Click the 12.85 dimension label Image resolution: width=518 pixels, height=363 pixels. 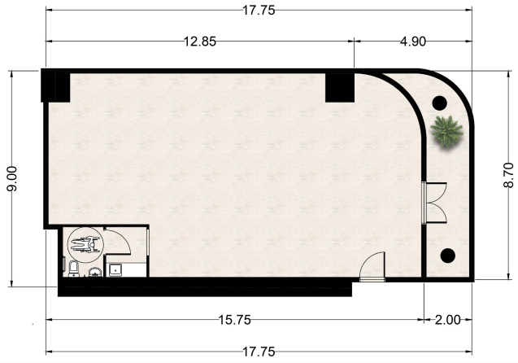click(200, 42)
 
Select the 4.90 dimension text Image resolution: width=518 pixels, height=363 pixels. click(413, 42)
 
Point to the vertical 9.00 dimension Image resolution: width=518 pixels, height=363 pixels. click(12, 178)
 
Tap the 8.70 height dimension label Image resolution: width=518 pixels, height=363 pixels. click(509, 175)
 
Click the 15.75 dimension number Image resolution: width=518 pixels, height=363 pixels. click(235, 320)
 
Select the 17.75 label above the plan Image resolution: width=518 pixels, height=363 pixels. click(259, 11)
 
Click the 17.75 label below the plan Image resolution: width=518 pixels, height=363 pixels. click(259, 352)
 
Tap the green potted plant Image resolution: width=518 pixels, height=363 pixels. click(446, 132)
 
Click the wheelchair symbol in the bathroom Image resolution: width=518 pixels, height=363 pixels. click(85, 245)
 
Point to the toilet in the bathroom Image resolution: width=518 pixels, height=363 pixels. click(73, 269)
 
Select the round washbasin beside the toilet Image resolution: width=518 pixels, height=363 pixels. click(95, 272)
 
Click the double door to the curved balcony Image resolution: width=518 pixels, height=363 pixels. click(435, 203)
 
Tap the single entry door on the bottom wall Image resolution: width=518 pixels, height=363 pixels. click(372, 267)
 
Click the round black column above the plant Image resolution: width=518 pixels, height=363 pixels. click(440, 103)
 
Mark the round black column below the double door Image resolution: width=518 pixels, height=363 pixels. click(448, 256)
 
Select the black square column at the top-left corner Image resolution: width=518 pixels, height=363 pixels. click(55, 85)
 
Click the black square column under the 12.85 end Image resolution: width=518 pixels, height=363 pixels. click(340, 88)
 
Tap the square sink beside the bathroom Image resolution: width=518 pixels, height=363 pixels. click(115, 270)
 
